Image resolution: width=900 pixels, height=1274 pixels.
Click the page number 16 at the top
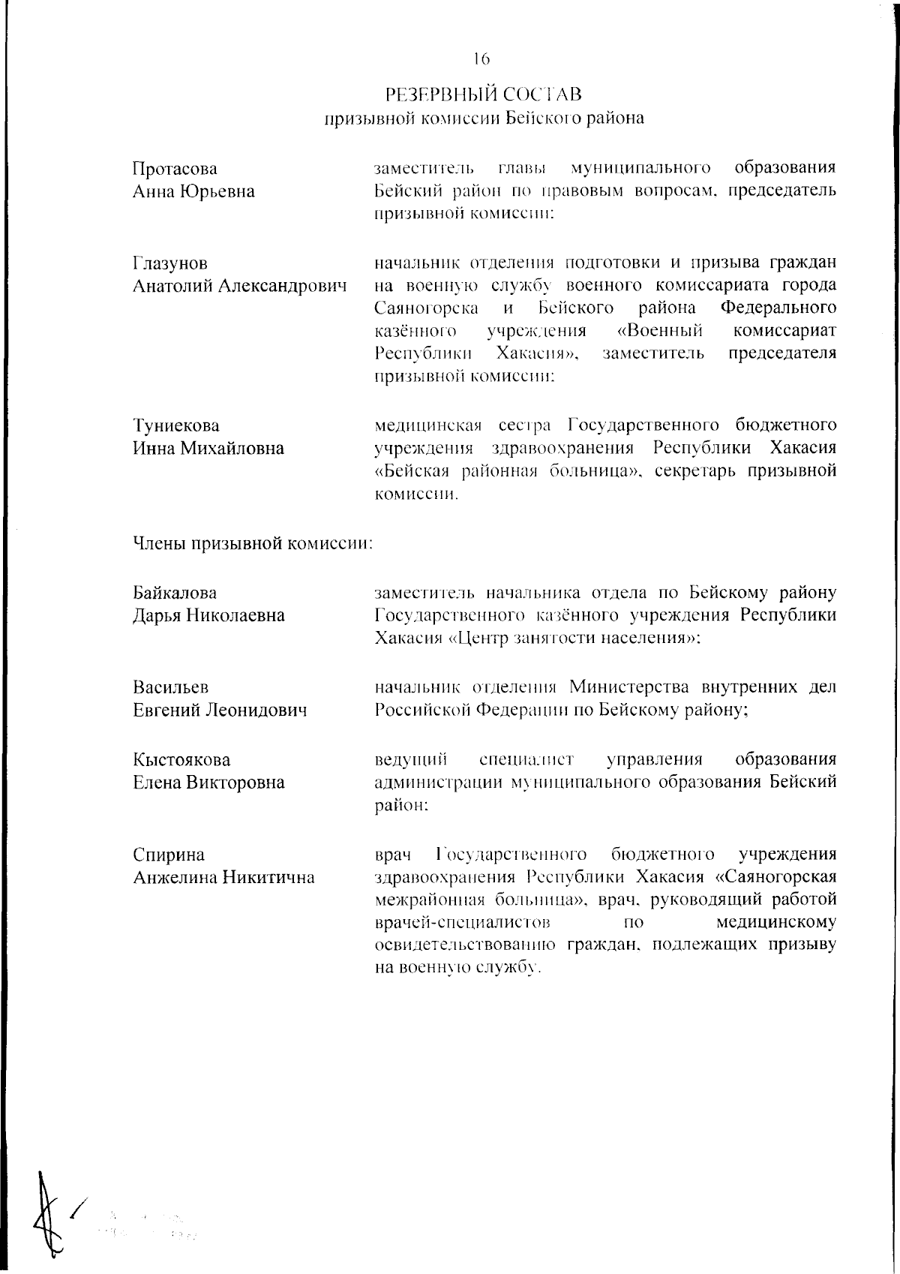(x=481, y=59)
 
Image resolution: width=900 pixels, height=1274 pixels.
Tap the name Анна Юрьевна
(x=193, y=191)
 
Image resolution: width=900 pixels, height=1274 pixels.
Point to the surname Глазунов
(x=170, y=264)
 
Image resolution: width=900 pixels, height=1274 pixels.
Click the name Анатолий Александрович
(x=240, y=287)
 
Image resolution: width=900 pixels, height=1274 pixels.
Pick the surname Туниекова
(x=176, y=426)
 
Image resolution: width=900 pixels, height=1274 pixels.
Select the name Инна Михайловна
(x=208, y=449)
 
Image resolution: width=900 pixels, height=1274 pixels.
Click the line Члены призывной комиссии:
(x=253, y=544)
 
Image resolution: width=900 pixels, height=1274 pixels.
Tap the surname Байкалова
(x=175, y=593)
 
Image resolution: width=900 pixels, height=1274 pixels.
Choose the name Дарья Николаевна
(x=209, y=616)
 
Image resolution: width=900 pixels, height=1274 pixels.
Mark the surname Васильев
(x=171, y=687)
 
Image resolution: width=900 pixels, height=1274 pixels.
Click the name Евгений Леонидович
(x=220, y=710)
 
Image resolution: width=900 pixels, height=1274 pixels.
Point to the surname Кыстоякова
(x=182, y=760)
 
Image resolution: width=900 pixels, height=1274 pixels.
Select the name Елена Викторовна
(x=209, y=783)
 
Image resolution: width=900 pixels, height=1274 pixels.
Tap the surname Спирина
(x=169, y=855)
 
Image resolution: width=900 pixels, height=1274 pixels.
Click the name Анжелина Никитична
(x=223, y=877)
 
